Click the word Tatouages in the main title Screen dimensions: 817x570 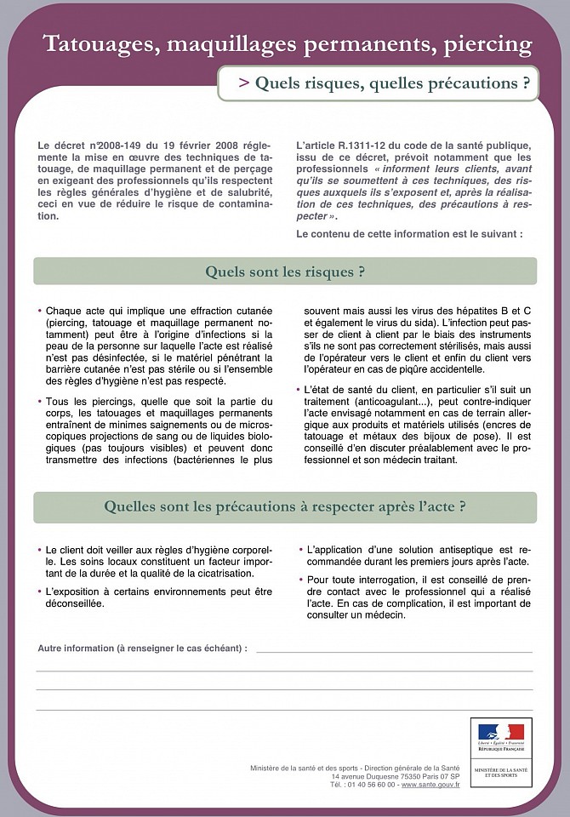99,44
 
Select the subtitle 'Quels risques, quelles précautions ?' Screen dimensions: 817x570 384,83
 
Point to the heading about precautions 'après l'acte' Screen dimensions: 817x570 285,506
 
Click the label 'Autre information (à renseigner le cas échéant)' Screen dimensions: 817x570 142,648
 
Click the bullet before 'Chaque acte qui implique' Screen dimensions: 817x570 39,311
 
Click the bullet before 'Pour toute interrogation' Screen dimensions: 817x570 301,579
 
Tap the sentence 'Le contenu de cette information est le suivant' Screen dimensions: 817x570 409,233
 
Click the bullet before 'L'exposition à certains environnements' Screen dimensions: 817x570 39,591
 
